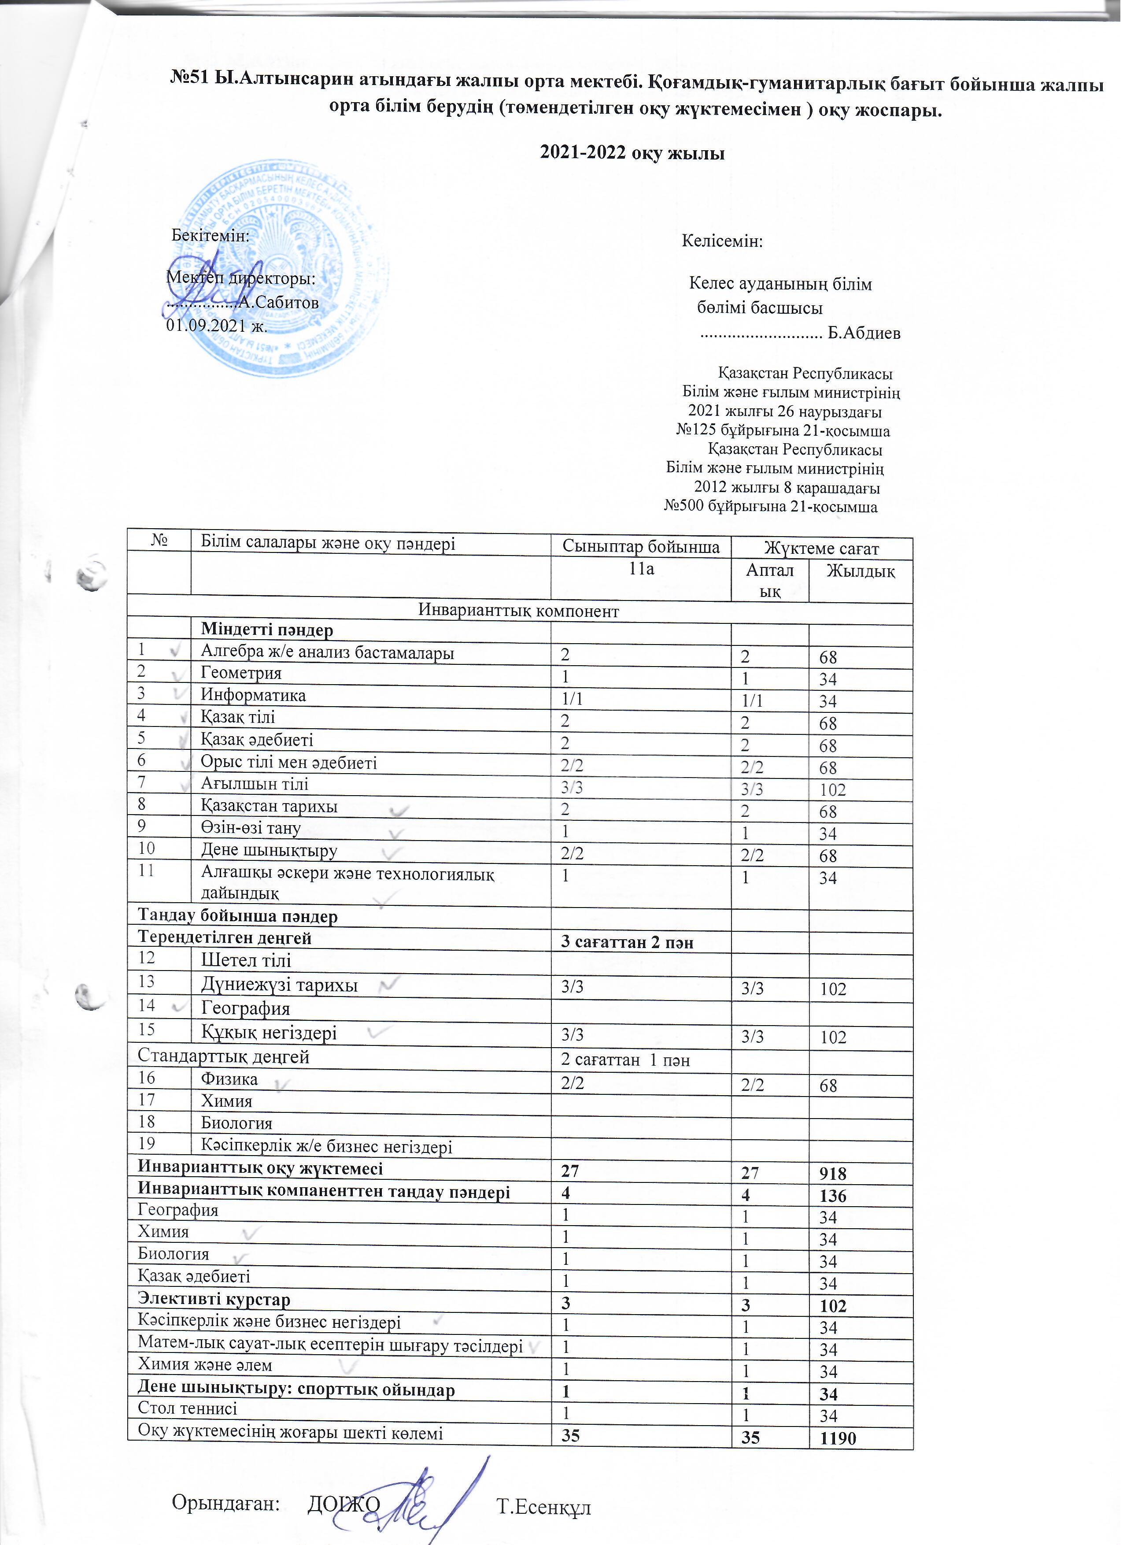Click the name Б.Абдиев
(x=863, y=333)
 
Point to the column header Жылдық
(x=860, y=571)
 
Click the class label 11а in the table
(x=641, y=568)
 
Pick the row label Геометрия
(x=240, y=673)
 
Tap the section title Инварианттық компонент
(x=518, y=610)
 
